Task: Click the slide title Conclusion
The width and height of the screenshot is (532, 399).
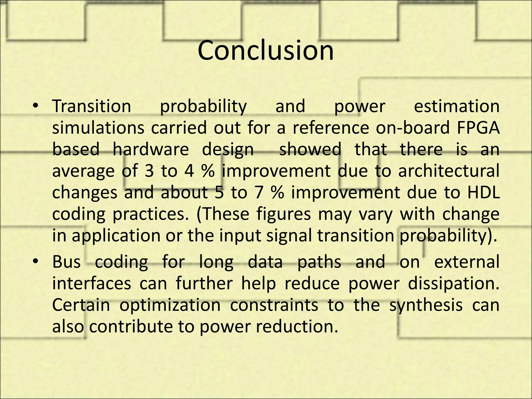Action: [x=265, y=50]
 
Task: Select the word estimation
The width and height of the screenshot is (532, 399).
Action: [x=456, y=107]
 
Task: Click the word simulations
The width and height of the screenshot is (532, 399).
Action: [x=98, y=128]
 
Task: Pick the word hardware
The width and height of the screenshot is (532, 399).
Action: [x=151, y=150]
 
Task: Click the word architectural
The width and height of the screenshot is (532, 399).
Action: [x=448, y=171]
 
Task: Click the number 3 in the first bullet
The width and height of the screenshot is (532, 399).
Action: [x=149, y=171]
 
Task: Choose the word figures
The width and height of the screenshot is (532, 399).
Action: [x=283, y=214]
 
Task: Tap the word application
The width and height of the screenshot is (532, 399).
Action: [x=116, y=236]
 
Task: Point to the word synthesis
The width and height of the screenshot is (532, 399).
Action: [x=426, y=305]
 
